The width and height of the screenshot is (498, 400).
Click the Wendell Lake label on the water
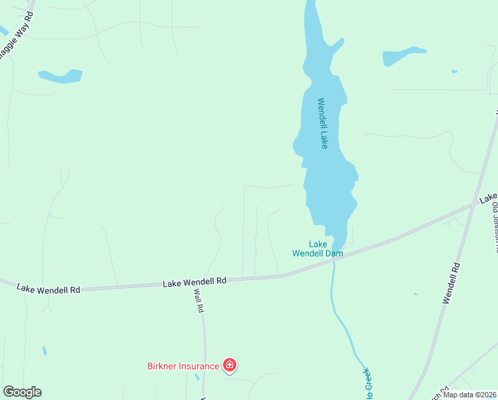coord(323,123)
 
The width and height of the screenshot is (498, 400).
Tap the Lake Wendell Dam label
coord(318,249)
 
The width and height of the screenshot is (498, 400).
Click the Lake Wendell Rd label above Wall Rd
coord(195,282)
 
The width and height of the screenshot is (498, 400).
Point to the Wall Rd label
coord(198,301)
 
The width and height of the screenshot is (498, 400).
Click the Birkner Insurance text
coord(183,366)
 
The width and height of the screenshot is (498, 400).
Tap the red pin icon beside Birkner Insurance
coord(230,365)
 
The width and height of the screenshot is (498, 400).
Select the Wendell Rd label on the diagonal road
coord(451,283)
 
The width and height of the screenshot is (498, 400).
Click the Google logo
coord(22,392)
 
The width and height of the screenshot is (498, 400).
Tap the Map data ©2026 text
coord(469,394)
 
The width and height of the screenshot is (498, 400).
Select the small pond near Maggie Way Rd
coord(61,76)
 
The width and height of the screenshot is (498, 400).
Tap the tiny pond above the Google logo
coord(44,351)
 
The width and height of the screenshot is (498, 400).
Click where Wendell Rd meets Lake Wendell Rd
coord(474,205)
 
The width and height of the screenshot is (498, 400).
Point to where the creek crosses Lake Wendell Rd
coord(333,261)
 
